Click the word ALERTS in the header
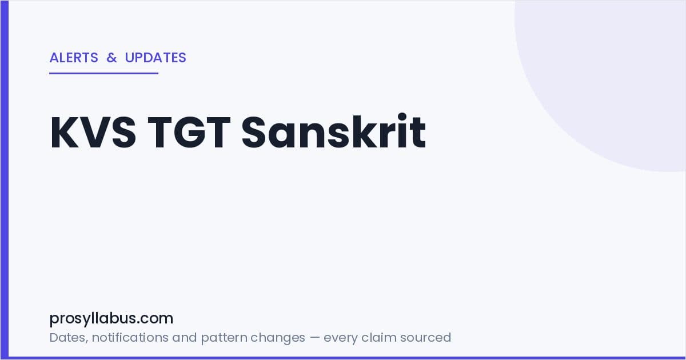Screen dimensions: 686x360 pos(74,58)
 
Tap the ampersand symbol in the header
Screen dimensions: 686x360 pos(112,58)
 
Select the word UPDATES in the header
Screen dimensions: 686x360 pos(155,58)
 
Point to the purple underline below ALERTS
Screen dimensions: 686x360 pos(104,73)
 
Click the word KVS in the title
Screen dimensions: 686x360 pos(93,132)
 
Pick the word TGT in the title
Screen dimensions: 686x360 pos(189,132)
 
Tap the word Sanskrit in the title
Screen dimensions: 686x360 pos(334,131)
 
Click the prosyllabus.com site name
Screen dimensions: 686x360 pos(111,319)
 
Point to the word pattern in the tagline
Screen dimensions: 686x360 pos(225,338)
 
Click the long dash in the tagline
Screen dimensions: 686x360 pos(314,338)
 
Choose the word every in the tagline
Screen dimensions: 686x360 pos(340,338)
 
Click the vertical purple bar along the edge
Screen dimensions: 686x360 pos(5,180)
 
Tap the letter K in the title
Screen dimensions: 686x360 pos(65,132)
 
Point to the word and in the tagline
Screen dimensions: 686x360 pos(184,337)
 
